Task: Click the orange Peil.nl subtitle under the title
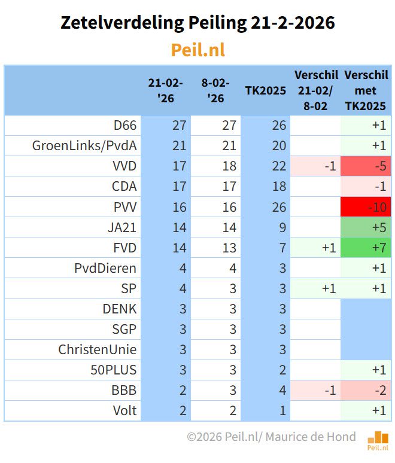[x=197, y=50]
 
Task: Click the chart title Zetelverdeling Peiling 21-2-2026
[x=197, y=23]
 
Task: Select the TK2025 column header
[x=265, y=90]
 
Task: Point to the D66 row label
[x=125, y=126]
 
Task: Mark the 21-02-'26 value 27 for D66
[x=179, y=126]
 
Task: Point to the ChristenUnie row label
[x=98, y=349]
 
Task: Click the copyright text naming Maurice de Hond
[x=271, y=437]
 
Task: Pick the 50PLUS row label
[x=114, y=370]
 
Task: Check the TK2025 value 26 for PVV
[x=279, y=207]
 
